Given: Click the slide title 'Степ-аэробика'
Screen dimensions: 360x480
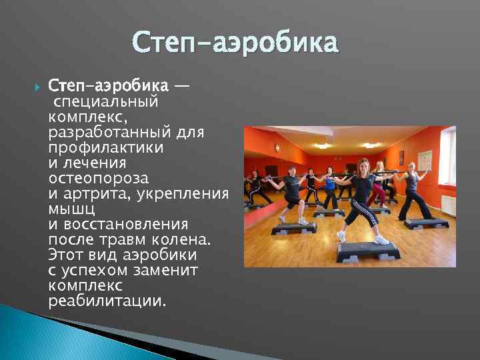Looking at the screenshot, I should tap(235, 43).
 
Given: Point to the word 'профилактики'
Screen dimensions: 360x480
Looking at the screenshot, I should tap(97, 148).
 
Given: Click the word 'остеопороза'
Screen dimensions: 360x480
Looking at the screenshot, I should tap(98, 179).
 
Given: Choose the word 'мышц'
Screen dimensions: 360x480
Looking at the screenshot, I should tap(68, 209).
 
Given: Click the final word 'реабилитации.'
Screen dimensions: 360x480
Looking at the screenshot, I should tap(107, 301).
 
